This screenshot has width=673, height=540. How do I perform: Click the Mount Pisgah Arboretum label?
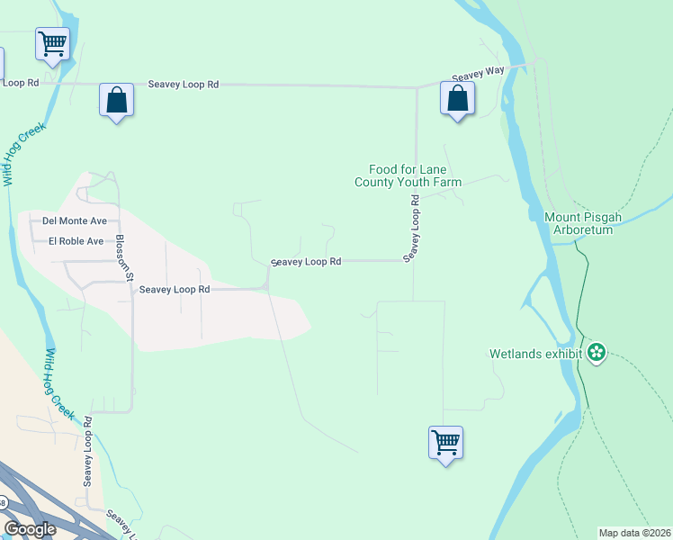pos(579,223)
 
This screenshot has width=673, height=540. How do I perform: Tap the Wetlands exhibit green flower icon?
pos(596,353)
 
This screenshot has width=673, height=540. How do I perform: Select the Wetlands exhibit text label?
pos(536,354)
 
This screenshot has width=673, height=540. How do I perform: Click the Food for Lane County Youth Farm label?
pos(408,175)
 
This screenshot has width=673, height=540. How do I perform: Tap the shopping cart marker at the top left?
pos(52,43)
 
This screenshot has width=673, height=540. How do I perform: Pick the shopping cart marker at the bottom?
pos(445,442)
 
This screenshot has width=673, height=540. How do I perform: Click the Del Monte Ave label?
pos(75,220)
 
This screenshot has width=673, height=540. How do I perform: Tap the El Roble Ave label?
pos(76,241)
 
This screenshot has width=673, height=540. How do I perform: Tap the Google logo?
pos(30,529)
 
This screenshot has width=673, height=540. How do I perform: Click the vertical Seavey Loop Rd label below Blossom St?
pos(88,452)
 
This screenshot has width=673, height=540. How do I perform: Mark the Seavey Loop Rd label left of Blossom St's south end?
pos(175,290)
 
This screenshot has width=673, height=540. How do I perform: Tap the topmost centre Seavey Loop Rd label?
pos(183,85)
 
